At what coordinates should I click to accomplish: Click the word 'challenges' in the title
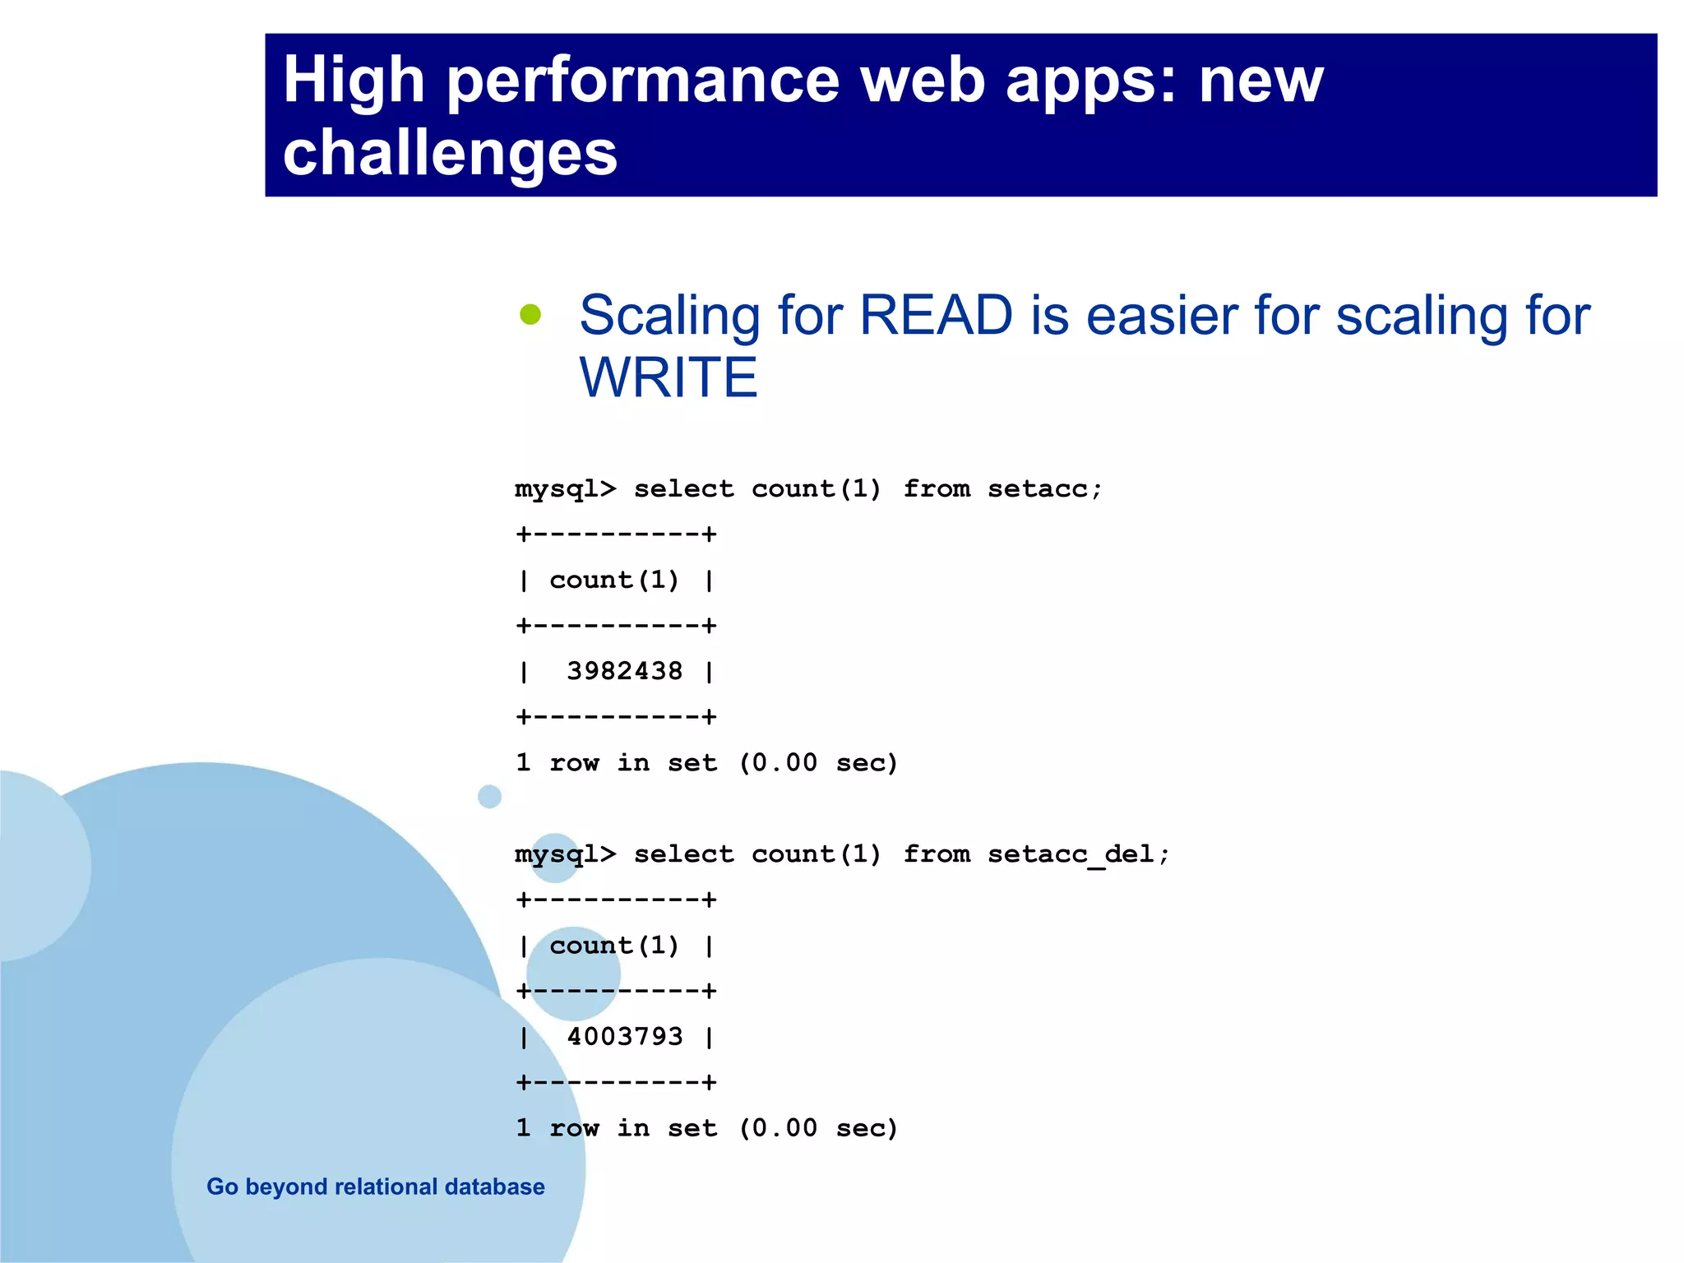coord(450,154)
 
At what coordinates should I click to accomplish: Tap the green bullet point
coord(530,314)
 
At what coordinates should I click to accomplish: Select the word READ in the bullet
coord(936,315)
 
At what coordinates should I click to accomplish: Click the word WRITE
coord(668,377)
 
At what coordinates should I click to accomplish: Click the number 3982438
coord(624,671)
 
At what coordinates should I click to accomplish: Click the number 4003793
coord(624,1036)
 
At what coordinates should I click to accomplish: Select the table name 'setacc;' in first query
coord(1044,488)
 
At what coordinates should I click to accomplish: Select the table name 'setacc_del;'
coord(1078,854)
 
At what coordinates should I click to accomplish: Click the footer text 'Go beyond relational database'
coord(376,1187)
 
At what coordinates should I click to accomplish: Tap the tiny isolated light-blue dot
coord(489,796)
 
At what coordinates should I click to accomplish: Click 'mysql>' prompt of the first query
coord(565,489)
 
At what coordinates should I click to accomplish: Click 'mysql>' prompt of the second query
coord(565,855)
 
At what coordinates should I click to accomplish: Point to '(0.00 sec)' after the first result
coord(818,762)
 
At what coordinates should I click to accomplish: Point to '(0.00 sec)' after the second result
coord(818,1127)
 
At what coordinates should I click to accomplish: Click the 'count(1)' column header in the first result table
coord(614,580)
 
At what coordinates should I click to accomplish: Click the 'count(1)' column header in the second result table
coord(614,946)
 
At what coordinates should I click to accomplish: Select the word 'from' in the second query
coord(937,854)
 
